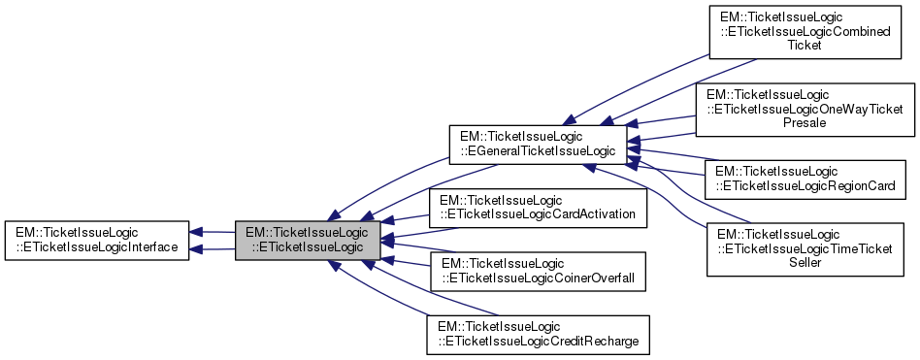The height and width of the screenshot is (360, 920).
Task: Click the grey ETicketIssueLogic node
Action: coord(307,240)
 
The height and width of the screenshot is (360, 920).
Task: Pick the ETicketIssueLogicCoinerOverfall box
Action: coord(538,271)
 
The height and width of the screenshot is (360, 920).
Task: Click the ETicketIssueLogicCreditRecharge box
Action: coord(538,333)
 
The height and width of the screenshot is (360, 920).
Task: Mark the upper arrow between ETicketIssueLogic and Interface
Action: coord(212,232)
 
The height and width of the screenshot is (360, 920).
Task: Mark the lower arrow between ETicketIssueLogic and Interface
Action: coord(212,249)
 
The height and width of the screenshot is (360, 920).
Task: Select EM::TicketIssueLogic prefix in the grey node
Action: coord(307,233)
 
